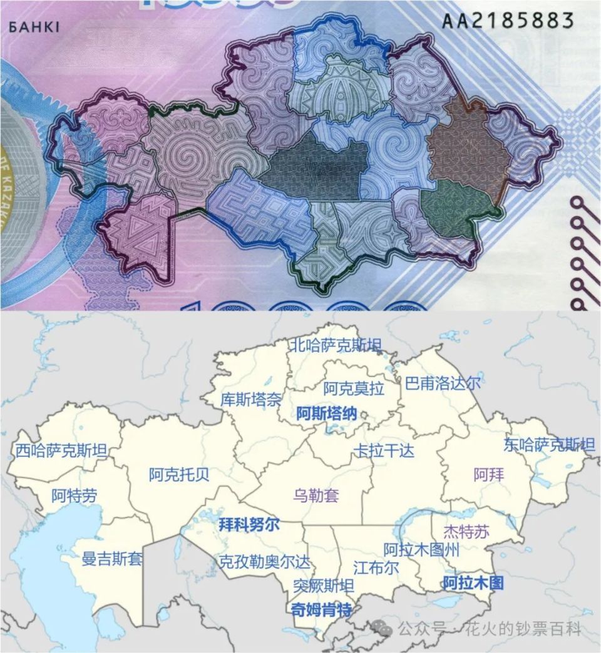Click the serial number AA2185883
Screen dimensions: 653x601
pos(508,20)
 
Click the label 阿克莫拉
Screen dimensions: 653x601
pos(354,389)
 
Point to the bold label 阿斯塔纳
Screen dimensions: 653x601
pos(326,413)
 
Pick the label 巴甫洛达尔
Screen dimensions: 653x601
pos(443,383)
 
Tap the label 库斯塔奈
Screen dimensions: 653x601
pos(251,399)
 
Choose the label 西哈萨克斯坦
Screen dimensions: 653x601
pos(61,450)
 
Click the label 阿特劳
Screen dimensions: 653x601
pos(74,497)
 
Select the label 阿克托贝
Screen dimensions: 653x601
pos(179,475)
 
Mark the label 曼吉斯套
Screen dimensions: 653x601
pos(112,559)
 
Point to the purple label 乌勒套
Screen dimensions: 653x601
pos(316,496)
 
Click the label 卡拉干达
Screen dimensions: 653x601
pos(384,450)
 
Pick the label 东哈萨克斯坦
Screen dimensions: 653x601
pos(549,445)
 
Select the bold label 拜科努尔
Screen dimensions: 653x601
pos(249,525)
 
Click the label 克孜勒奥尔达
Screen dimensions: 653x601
pos(264,562)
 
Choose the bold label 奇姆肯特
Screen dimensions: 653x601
pos(321,610)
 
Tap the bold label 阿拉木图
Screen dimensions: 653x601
pos(473,584)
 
